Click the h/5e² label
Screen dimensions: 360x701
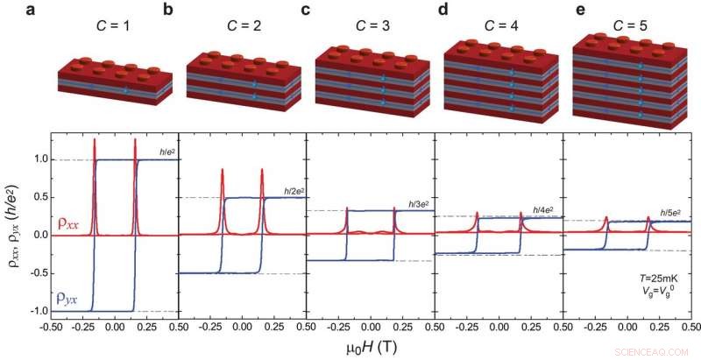(671, 215)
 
